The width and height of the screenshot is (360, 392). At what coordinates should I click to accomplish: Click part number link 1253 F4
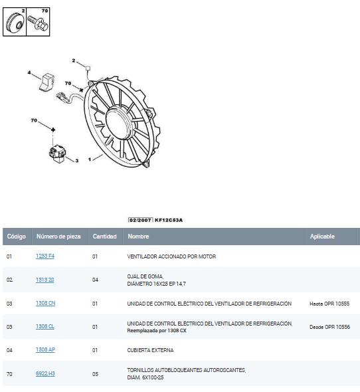point(45,256)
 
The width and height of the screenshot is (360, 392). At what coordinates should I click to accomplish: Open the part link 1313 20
point(45,280)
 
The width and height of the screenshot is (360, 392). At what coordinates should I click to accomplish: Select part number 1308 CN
point(46,303)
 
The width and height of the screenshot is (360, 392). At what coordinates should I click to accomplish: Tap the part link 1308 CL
point(45,326)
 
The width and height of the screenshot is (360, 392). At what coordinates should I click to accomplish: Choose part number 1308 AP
point(46,349)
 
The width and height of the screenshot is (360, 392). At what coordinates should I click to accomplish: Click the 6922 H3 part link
point(45,373)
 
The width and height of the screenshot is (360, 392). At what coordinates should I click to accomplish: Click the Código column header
point(17,237)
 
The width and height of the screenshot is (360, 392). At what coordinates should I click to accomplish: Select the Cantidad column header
point(105,237)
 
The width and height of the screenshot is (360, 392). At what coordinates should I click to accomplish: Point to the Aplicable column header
point(322,237)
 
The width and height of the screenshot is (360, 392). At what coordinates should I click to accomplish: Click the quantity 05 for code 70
point(95,374)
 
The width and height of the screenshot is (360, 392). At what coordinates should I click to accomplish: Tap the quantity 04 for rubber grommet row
point(95,280)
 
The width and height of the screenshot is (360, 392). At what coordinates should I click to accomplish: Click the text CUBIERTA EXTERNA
point(150,350)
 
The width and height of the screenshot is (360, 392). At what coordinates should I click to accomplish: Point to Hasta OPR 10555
point(329,304)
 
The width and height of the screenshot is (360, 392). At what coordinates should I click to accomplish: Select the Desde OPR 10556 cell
point(329,327)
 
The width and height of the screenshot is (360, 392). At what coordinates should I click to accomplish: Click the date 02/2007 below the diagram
point(140,220)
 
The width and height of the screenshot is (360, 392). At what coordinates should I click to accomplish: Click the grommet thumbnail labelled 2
point(15,22)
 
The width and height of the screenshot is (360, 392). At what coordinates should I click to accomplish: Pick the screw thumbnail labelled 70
point(38,22)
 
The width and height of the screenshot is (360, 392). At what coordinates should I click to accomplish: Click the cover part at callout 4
point(47,82)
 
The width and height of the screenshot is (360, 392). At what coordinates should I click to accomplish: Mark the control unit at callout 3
point(58,153)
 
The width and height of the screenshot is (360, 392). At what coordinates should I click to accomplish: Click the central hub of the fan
point(118,122)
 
